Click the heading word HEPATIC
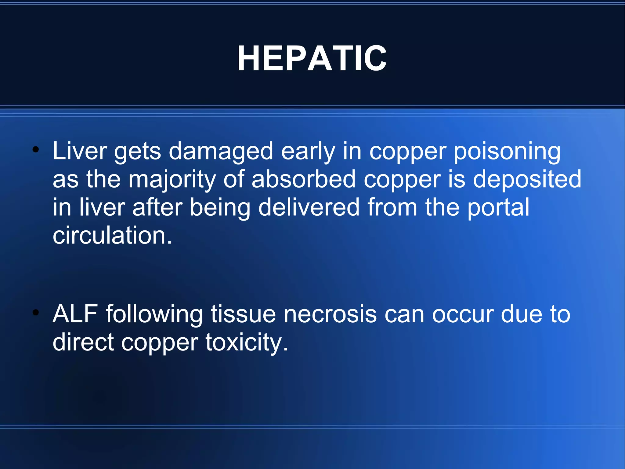click(x=312, y=58)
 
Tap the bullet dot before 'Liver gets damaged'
click(x=36, y=150)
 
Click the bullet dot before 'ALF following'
click(x=36, y=313)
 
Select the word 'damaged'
click(x=221, y=151)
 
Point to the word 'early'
click(x=308, y=151)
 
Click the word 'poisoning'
click(x=507, y=151)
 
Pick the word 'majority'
click(x=172, y=179)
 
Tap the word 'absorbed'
click(x=304, y=179)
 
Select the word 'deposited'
click(x=527, y=179)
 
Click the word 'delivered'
click(x=309, y=207)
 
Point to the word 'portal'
click(x=498, y=207)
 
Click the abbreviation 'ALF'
click(x=75, y=314)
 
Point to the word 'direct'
click(x=83, y=342)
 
